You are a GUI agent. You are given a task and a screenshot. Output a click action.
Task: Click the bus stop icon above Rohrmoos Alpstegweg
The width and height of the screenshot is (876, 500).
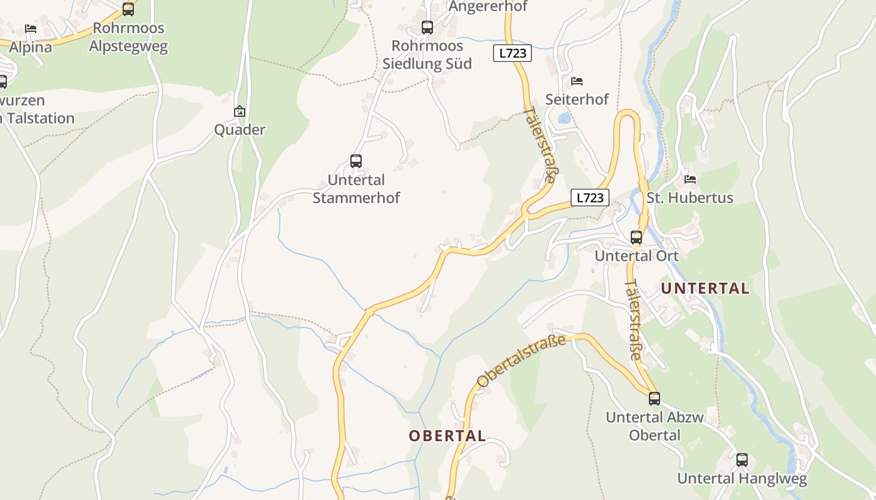click(x=128, y=9)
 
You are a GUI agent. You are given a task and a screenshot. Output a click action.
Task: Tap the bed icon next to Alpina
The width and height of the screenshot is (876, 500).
click(x=30, y=29)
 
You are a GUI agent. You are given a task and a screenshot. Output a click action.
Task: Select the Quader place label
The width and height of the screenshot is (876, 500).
click(x=240, y=130)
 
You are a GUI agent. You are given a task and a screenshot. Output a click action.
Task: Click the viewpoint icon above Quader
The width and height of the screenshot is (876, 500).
click(x=239, y=112)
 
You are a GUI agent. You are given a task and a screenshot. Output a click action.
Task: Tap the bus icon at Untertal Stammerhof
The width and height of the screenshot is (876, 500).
click(x=356, y=161)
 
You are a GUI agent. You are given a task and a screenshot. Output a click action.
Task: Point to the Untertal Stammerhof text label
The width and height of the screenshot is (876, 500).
click(x=356, y=189)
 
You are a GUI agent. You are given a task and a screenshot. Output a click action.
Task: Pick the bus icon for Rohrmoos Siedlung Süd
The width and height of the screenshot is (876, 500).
click(x=427, y=27)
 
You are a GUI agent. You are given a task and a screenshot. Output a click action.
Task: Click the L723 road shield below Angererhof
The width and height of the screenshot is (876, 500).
click(x=512, y=53)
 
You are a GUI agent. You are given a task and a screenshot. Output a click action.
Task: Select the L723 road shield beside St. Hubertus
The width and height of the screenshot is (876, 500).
click(x=589, y=198)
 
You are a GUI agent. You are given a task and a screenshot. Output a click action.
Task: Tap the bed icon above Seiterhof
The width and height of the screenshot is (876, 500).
click(x=577, y=81)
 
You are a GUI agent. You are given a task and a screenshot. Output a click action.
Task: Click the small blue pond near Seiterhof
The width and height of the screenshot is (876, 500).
click(x=564, y=117)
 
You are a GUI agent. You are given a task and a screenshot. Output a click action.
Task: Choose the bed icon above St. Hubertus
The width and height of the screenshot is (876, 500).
click(x=690, y=179)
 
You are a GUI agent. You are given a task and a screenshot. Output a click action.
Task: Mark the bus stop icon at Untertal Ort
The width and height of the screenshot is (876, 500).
click(x=636, y=237)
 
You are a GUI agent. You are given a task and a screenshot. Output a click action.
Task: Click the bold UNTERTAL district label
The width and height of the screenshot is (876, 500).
click(x=705, y=288)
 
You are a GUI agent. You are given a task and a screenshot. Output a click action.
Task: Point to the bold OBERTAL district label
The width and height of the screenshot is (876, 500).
click(x=447, y=436)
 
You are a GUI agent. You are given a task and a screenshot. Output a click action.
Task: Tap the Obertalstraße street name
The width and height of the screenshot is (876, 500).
click(x=521, y=361)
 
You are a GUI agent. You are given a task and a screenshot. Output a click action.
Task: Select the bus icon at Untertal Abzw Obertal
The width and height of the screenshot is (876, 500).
click(x=654, y=399)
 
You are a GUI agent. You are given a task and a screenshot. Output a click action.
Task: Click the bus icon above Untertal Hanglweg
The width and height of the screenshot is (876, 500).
click(x=742, y=460)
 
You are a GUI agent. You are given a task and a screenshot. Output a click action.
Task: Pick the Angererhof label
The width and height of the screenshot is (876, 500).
click(x=489, y=7)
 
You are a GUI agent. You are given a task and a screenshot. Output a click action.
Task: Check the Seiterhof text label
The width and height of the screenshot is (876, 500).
click(x=577, y=99)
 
